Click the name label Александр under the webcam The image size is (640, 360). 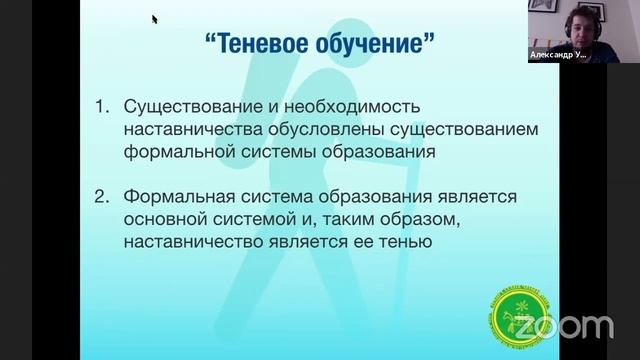(x=554, y=56)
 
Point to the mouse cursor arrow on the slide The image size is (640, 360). (x=155, y=18)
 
